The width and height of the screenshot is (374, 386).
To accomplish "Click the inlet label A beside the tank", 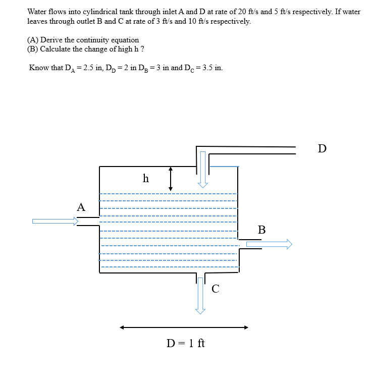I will point(81,207).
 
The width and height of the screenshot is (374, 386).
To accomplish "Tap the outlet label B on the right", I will point(261,230).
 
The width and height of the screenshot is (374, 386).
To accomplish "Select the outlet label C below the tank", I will point(216,289).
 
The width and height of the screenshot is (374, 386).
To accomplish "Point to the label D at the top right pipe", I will point(322,148).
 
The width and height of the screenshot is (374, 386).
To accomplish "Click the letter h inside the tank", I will point(146,178).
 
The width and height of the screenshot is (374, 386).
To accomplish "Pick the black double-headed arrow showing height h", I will point(171,179).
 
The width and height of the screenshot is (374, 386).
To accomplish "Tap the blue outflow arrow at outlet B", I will point(269,244).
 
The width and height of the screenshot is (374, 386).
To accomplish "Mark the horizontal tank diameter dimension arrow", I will point(184,327).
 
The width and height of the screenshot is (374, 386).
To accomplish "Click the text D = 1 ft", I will point(186,344).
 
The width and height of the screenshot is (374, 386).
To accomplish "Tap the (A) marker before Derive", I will point(33,40).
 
